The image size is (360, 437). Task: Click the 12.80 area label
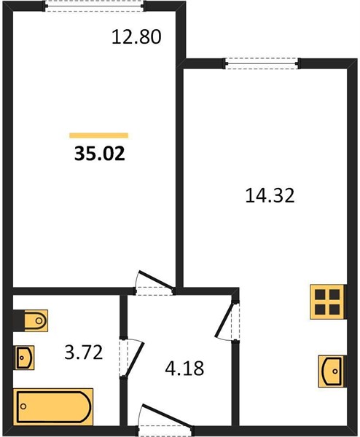click(x=136, y=37)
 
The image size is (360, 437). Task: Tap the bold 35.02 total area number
click(x=100, y=154)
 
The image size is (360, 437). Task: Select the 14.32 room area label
click(x=270, y=195)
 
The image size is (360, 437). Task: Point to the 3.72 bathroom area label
click(x=84, y=352)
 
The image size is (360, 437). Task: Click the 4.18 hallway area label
click(x=184, y=368)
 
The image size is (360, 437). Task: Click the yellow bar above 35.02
click(x=99, y=135)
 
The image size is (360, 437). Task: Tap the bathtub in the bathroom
click(x=53, y=407)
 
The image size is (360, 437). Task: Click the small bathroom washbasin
click(x=25, y=358)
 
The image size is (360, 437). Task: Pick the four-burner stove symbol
click(x=327, y=302)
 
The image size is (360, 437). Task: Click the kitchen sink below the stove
click(x=332, y=371)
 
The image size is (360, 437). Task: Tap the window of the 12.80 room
click(x=95, y=6)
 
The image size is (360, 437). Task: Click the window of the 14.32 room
click(x=262, y=63)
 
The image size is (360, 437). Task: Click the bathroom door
click(x=130, y=358)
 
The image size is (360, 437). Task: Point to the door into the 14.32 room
click(x=227, y=320)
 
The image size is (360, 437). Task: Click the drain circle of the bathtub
click(x=23, y=406)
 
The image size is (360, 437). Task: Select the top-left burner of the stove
click(x=320, y=294)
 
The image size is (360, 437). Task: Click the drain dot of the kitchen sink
click(x=335, y=371)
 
